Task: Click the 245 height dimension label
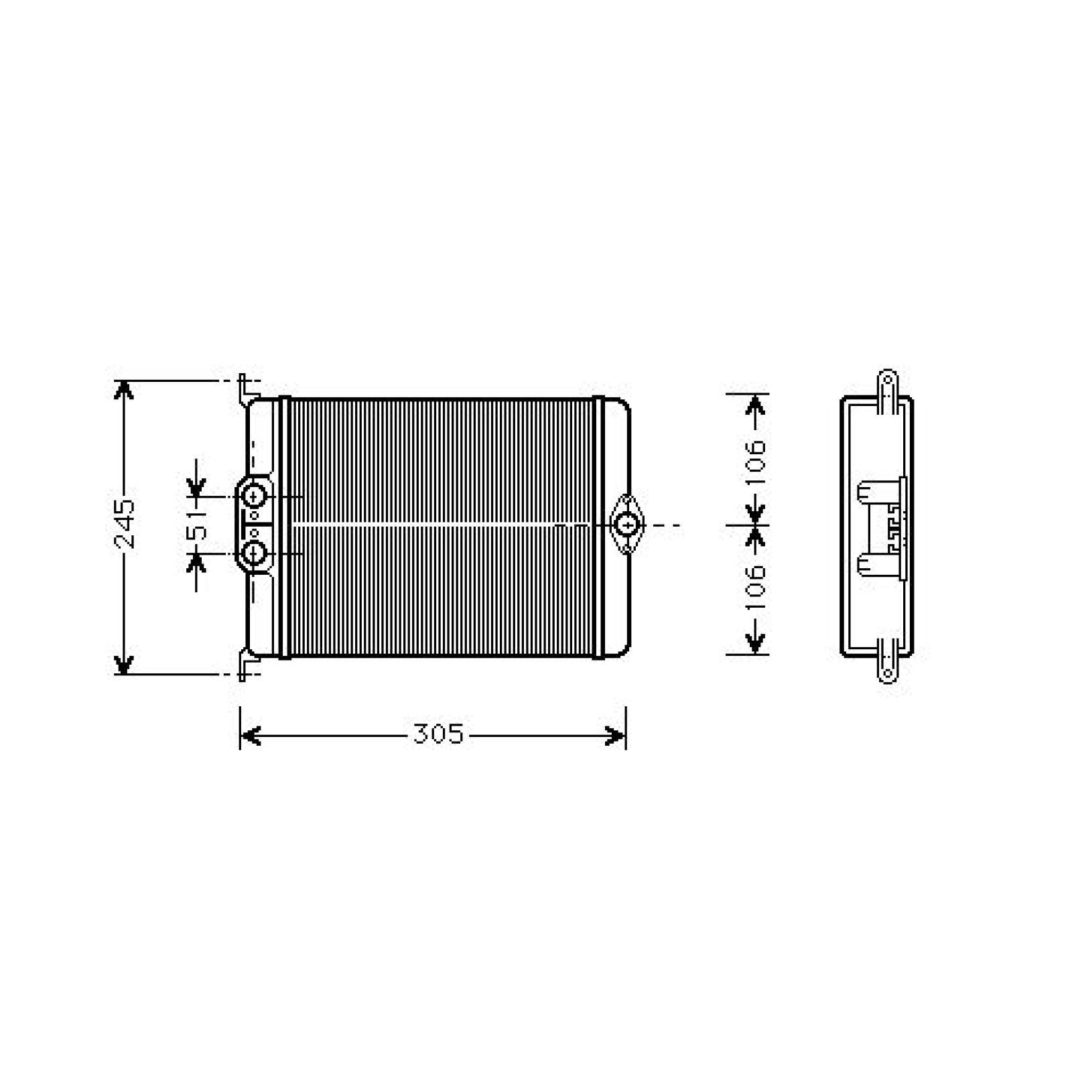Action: coord(125,524)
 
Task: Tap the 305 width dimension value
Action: coord(438,735)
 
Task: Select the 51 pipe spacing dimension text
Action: coord(197,525)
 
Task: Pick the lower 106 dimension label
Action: coord(756,588)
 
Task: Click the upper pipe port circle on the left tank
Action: coord(254,496)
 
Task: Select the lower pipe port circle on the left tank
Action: coord(254,553)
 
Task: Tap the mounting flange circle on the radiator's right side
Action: coord(626,525)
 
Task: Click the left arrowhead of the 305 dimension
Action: coord(249,736)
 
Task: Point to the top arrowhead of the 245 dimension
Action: coord(124,389)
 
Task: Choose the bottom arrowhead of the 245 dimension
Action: coord(123,665)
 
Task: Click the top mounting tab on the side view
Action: coord(887,385)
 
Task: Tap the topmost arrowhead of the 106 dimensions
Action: coord(756,404)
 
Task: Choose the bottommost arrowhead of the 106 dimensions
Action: coord(756,645)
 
